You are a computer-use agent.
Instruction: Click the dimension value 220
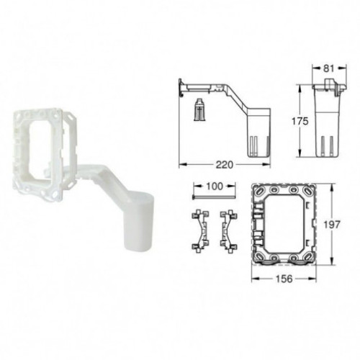point(224,165)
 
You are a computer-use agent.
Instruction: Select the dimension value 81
point(328,68)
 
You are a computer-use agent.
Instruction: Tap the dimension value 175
point(300,122)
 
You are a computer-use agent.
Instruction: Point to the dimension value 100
point(215,186)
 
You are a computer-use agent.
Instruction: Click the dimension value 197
point(332,225)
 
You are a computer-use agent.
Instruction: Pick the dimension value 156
point(284,279)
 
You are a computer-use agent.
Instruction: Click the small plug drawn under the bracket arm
point(199,109)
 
